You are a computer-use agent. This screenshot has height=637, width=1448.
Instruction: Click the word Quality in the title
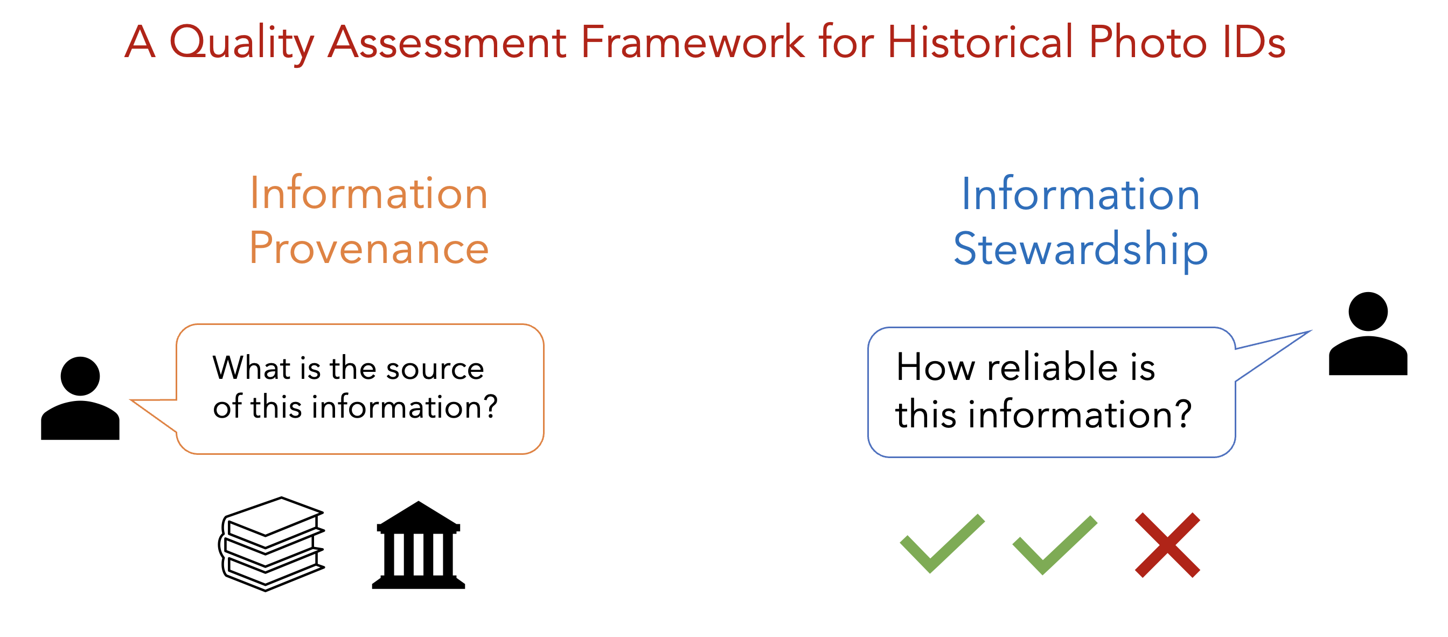click(242, 44)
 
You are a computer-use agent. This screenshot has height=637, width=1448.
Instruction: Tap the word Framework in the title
click(692, 41)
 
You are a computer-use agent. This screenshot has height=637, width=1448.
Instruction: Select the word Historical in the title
click(980, 41)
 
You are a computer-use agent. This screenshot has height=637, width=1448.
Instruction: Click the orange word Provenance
click(369, 248)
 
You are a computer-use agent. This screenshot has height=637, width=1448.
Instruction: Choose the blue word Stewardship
click(1081, 249)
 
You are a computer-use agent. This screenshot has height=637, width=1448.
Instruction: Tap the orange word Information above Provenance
click(369, 193)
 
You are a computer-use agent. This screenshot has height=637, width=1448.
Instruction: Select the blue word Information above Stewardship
click(1081, 194)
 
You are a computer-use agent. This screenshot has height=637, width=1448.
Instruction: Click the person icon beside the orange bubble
click(80, 398)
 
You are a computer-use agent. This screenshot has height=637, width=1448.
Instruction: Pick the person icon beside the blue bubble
click(1368, 334)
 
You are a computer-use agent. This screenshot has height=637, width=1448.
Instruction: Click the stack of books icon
click(272, 544)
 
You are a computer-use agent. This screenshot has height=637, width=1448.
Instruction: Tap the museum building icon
click(419, 545)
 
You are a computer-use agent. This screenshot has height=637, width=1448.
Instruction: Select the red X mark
click(1167, 545)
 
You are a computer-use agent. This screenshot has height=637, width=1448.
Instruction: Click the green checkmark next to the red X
click(1055, 545)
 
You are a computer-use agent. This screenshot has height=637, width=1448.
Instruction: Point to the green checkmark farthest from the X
click(942, 544)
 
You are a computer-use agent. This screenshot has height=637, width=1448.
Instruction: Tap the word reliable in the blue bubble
click(1052, 367)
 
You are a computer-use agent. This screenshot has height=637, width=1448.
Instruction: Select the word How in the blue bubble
click(936, 367)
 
